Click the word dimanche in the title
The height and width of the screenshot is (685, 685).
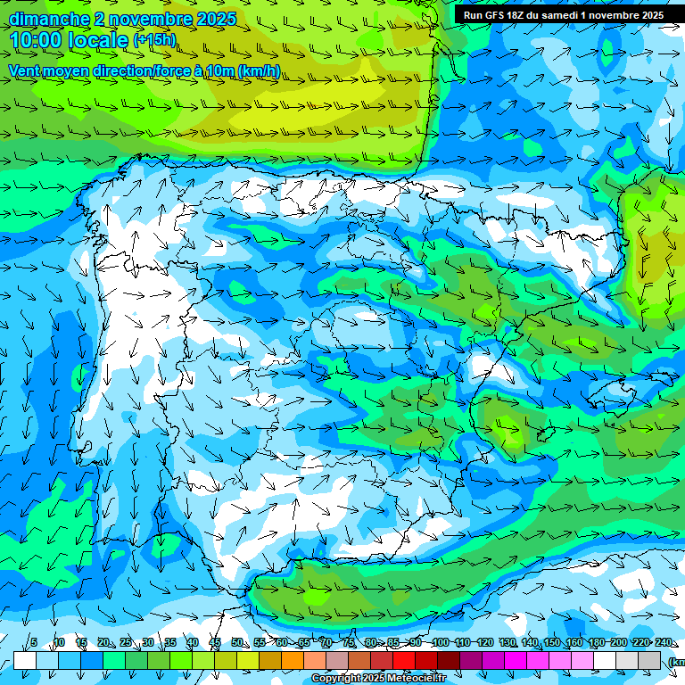click(49, 19)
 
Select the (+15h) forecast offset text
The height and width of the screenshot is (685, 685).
click(154, 40)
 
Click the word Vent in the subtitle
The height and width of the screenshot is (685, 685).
click(27, 70)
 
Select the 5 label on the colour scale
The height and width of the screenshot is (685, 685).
click(34, 643)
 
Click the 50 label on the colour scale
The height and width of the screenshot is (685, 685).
click(237, 643)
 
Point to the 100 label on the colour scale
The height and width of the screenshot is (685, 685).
click(440, 643)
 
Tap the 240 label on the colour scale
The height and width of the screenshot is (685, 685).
click(664, 643)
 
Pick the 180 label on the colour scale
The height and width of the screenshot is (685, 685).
click(596, 643)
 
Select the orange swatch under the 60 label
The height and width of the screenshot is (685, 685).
click(293, 661)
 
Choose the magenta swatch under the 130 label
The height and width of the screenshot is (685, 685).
click(516, 661)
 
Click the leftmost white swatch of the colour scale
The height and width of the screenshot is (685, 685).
click(25, 661)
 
